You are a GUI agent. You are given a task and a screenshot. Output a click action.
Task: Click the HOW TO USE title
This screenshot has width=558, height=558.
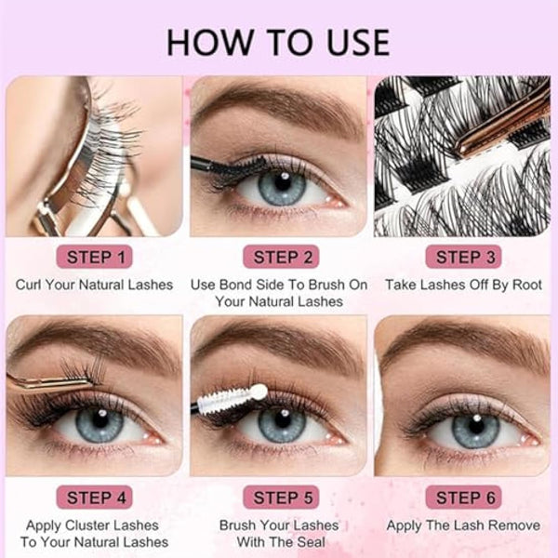[278, 43]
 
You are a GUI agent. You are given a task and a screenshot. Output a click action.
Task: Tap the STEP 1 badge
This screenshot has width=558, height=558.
[94, 257]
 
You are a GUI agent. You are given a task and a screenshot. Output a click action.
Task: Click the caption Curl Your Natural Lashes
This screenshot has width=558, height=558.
[94, 284]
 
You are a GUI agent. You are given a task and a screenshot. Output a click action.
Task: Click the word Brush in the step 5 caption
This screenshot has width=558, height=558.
[240, 525]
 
